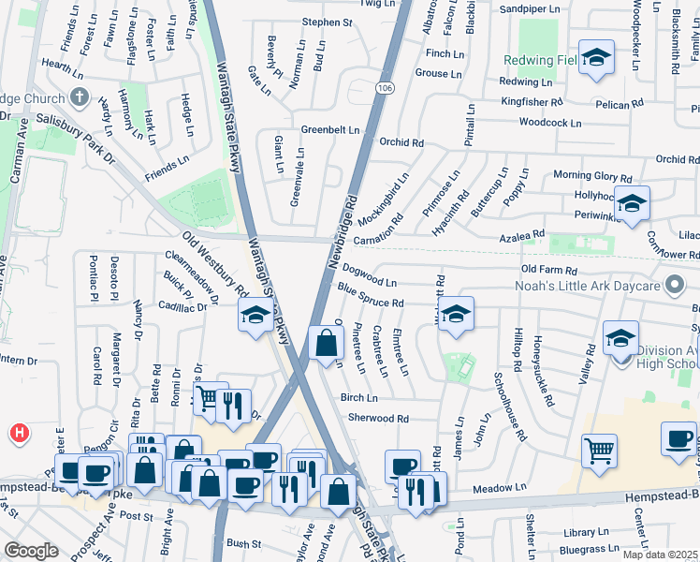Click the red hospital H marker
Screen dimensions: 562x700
click(x=19, y=433)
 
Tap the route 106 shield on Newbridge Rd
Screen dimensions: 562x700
click(x=386, y=87)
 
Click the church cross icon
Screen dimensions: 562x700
click(x=80, y=96)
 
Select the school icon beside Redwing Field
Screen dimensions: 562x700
click(x=595, y=58)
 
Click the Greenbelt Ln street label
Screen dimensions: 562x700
click(x=329, y=129)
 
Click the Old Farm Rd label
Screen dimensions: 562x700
click(x=555, y=270)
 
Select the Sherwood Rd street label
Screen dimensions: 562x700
click(x=378, y=419)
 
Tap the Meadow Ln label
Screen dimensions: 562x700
click(x=500, y=488)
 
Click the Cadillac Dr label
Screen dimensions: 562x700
click(x=182, y=306)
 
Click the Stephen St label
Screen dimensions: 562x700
click(x=327, y=22)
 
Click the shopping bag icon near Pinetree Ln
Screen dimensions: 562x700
click(x=326, y=344)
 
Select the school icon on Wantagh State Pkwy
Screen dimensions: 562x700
click(x=255, y=316)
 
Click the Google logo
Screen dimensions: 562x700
click(x=32, y=550)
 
